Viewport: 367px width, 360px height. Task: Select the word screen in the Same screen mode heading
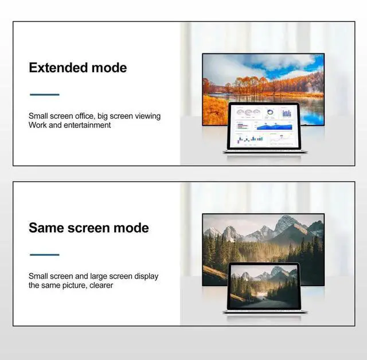click(x=88, y=228)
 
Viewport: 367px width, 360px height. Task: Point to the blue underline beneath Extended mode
click(x=44, y=95)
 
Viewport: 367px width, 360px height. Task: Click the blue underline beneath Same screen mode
click(x=44, y=255)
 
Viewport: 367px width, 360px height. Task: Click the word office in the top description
click(x=92, y=116)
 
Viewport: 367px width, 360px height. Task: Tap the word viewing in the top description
click(x=148, y=116)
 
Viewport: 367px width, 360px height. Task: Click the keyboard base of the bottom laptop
click(x=264, y=312)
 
